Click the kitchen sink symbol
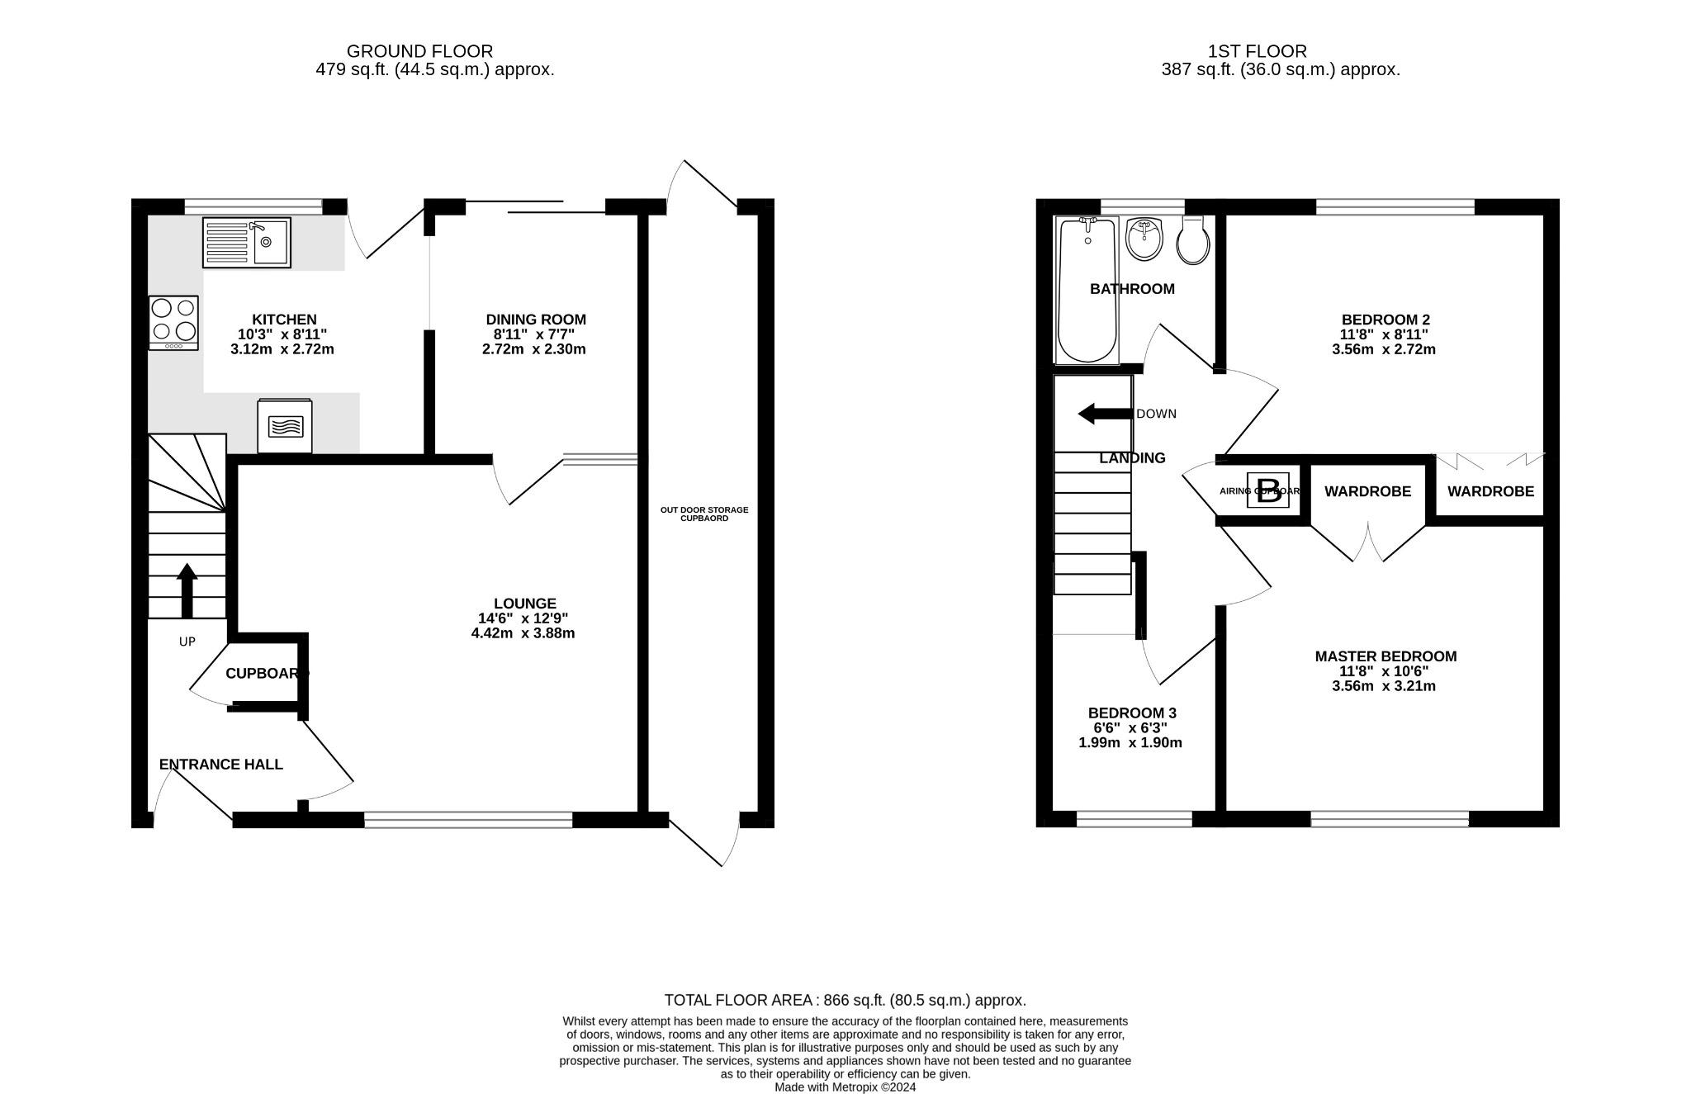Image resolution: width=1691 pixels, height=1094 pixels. pos(246,242)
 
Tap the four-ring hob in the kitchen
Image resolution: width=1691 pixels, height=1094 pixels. pos(173,322)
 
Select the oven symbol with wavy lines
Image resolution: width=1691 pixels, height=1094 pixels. pos(285,426)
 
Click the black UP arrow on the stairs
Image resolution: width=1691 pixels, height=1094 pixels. pos(187,590)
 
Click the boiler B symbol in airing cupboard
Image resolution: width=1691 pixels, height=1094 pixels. pos(1267,490)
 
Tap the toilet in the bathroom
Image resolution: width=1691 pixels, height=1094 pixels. pos(1193,240)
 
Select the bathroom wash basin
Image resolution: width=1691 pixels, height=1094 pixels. pos(1144,239)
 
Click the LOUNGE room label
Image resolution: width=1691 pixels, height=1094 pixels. pos(525,604)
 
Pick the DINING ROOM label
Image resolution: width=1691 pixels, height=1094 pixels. pos(535,320)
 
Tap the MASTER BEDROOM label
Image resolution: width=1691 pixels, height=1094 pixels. pos(1385,656)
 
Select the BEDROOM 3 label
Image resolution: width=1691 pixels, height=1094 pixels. pos(1131,713)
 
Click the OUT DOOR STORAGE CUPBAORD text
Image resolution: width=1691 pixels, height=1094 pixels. pos(703,514)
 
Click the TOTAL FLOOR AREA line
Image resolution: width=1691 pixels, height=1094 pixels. pos(845,1000)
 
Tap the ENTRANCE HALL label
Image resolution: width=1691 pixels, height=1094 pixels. pos(220,765)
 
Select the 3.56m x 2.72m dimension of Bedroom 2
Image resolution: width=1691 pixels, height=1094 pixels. pos(1383,349)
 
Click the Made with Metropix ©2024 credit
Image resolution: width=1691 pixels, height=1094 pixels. pos(845,1087)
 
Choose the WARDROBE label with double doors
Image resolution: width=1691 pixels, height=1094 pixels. pos(1367,491)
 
